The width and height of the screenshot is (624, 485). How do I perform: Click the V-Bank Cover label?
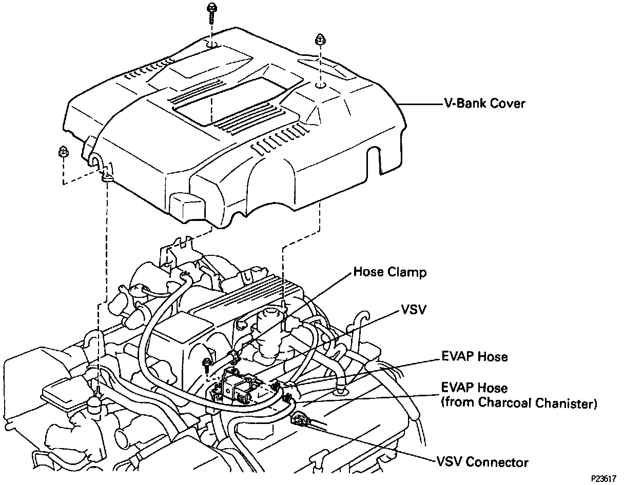(x=484, y=104)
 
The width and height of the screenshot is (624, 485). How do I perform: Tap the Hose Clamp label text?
(x=389, y=272)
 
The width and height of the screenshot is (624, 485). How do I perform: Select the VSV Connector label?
(x=482, y=462)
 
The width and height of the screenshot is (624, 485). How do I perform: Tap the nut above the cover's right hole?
(x=320, y=39)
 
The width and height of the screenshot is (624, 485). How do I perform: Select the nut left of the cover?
(x=63, y=151)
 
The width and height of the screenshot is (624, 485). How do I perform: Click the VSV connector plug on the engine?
(x=299, y=420)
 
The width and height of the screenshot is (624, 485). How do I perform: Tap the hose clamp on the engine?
(x=233, y=355)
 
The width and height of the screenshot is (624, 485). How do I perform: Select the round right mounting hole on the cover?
(x=319, y=86)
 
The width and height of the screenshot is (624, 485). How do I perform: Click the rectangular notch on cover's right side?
(x=374, y=161)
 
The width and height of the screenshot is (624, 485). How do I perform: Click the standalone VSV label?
(x=414, y=310)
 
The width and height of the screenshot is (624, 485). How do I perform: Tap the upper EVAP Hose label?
(x=474, y=356)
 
